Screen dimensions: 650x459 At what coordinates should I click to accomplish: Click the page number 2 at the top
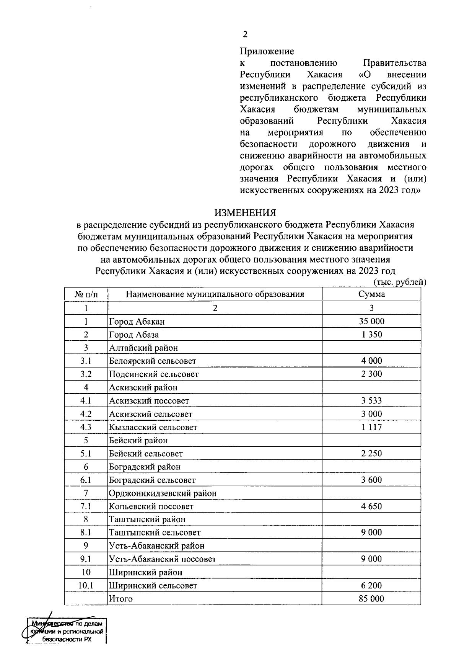point(245,34)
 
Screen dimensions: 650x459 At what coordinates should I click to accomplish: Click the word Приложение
point(267,51)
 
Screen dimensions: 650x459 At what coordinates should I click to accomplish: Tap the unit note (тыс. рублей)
point(399,283)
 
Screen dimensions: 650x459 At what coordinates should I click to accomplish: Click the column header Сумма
point(371,294)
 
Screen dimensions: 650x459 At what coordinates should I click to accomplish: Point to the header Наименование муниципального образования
point(215,294)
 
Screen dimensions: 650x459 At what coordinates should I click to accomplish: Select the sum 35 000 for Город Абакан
point(371,321)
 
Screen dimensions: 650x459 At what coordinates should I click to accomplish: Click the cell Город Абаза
point(134,335)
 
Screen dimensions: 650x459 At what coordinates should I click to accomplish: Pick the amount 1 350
point(371,335)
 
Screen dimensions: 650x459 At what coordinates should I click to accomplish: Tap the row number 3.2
point(86,374)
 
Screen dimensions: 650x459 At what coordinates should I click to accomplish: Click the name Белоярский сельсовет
point(153,361)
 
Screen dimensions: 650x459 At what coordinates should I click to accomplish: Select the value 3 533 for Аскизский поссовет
point(371,401)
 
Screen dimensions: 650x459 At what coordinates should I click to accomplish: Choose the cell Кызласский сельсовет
point(153,427)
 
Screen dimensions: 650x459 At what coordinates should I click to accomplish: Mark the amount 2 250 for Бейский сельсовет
point(371,454)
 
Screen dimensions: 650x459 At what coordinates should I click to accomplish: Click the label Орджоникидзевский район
point(163,493)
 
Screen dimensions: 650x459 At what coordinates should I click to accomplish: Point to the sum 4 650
point(371,506)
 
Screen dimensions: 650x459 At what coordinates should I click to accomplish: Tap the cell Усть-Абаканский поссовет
point(163,559)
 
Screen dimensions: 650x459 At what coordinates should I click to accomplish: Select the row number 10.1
point(86,585)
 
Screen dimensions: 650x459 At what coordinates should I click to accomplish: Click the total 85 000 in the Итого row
point(371,599)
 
